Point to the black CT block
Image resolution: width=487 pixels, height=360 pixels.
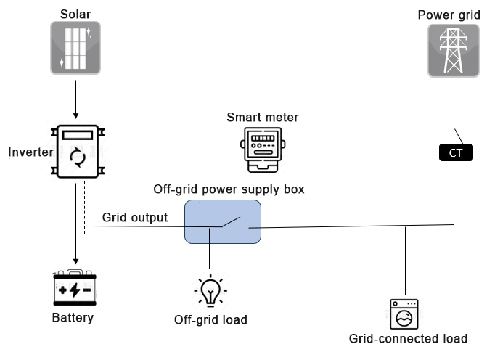[x=456, y=152]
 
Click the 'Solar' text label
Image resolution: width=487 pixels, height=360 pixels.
[x=75, y=14]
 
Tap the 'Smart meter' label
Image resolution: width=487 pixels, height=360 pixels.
[x=262, y=117]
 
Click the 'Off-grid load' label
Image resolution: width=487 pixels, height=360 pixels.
[x=210, y=320]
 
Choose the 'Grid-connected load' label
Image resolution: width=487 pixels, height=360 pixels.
[x=408, y=339]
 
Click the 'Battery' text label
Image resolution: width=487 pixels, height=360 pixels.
[x=73, y=318]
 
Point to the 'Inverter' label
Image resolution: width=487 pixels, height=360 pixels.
[x=29, y=152]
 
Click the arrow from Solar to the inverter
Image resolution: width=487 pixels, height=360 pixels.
[x=75, y=99]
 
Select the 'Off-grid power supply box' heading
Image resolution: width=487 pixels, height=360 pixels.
[x=229, y=189]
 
